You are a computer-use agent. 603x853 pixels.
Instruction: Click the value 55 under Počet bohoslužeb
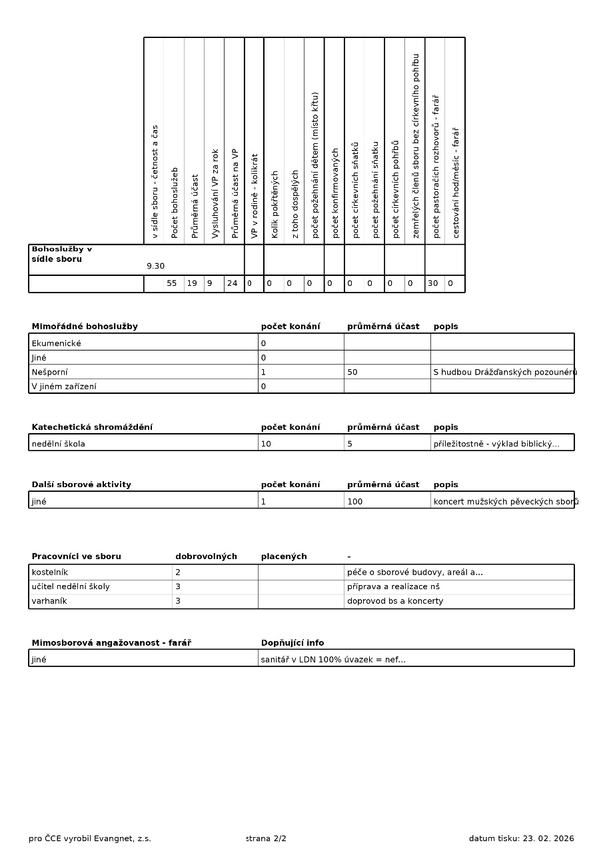pos(172,283)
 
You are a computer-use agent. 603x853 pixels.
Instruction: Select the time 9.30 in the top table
pos(155,266)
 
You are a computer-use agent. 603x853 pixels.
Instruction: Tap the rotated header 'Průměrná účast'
pos(195,206)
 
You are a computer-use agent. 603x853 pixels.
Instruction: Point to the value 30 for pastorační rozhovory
pos(433,283)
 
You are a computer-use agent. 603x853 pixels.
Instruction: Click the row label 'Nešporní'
pos(49,372)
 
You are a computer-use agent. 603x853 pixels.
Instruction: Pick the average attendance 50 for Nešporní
pos(352,372)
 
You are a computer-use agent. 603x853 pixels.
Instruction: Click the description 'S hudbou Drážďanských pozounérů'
pos(504,372)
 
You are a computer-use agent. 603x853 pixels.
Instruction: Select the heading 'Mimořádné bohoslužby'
pos(85,327)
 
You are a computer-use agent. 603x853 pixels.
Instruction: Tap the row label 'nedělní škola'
pos(58,444)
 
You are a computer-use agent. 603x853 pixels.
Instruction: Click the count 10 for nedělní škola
pos(266,444)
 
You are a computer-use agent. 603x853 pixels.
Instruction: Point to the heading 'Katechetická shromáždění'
pos(92,427)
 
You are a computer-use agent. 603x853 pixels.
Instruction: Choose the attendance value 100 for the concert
pos(354,501)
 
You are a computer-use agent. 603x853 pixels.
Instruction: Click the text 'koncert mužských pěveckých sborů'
pos(505,501)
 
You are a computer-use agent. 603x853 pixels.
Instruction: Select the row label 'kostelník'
pos(49,572)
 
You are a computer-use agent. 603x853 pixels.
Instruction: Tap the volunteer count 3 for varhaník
pos(178,601)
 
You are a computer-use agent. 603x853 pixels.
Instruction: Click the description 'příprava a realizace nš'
pos(393,586)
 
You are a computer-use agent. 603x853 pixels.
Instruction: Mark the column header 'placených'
pos(284,556)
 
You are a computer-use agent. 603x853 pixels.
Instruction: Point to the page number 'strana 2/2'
pos(266,838)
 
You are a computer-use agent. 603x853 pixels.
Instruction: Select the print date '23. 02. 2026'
pos(548,838)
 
